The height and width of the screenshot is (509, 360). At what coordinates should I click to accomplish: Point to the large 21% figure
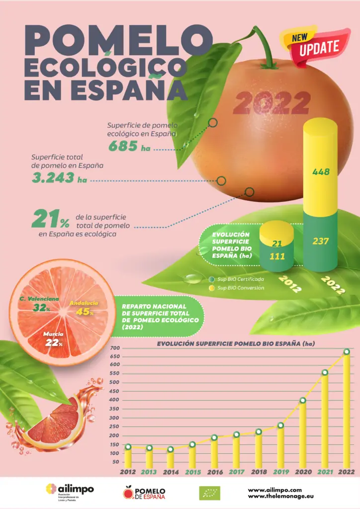51,219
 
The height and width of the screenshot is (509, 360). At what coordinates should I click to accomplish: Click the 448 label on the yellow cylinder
320,172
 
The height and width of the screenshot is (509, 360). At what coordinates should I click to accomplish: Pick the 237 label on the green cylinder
320,241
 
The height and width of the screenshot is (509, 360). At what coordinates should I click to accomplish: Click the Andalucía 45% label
84,308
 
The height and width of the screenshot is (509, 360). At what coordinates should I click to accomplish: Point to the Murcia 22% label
53,339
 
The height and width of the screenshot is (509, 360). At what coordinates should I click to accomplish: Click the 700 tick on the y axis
115,347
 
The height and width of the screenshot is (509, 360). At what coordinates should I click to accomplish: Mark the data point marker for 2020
302,401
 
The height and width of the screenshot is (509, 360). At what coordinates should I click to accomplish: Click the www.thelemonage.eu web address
281,496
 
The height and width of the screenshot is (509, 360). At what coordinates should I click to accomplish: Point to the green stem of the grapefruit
264,50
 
